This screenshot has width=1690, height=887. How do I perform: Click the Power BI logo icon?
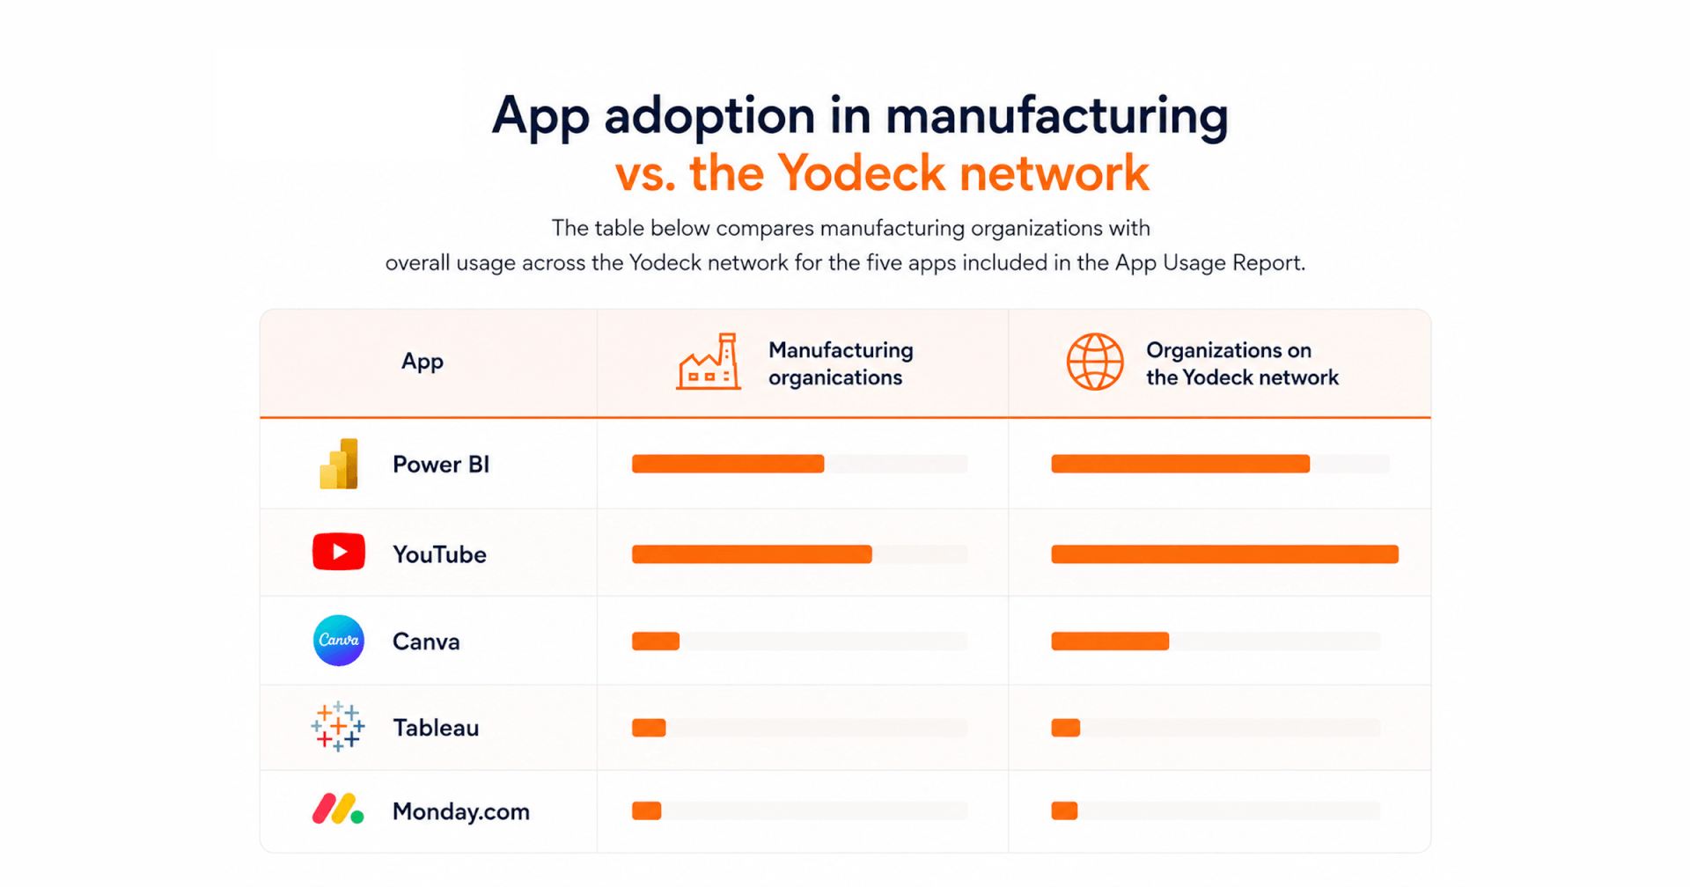(x=339, y=464)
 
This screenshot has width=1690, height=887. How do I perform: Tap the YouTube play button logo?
(x=339, y=552)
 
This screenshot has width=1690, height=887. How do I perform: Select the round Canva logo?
(x=339, y=641)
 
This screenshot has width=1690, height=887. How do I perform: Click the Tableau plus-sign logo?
(x=338, y=726)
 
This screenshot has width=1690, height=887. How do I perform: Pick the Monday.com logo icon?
(x=338, y=810)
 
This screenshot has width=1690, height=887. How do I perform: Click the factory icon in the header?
(x=709, y=362)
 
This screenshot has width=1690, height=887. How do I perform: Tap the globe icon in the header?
(x=1095, y=362)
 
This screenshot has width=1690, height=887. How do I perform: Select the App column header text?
(x=422, y=362)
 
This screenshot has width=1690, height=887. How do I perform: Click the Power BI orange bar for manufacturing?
(x=728, y=464)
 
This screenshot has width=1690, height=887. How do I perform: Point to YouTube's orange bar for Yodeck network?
(x=1224, y=553)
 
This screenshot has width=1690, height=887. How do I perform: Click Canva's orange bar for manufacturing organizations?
(x=656, y=641)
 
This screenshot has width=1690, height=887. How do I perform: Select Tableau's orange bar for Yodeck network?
(x=1066, y=728)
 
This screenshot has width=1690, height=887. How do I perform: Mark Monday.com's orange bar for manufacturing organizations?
(x=647, y=810)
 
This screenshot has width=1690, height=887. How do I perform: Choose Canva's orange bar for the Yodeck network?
(x=1110, y=641)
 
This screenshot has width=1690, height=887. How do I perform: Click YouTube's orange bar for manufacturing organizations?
(x=752, y=553)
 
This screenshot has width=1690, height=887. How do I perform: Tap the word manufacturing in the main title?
(x=1056, y=116)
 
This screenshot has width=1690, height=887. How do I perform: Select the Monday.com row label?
(x=461, y=811)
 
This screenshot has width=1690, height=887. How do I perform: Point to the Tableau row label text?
(x=436, y=728)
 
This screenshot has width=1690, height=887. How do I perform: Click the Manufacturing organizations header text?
(x=841, y=363)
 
